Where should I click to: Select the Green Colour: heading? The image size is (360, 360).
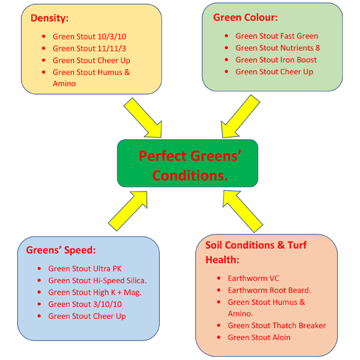click(245, 17)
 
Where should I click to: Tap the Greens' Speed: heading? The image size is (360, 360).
click(61, 250)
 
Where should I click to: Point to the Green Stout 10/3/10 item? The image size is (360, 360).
click(89, 37)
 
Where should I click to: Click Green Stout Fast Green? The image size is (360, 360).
click(276, 36)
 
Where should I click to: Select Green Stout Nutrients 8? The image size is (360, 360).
click(277, 48)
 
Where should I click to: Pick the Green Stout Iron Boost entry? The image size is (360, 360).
click(276, 60)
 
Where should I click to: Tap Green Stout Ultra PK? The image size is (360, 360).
click(84, 268)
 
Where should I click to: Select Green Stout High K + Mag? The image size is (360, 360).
click(94, 292)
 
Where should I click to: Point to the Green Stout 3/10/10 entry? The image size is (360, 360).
click(86, 304)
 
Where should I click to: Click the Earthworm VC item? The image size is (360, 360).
click(253, 278)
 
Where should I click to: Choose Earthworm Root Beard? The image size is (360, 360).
click(269, 290)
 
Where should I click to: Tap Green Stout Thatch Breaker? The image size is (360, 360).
click(276, 325)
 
